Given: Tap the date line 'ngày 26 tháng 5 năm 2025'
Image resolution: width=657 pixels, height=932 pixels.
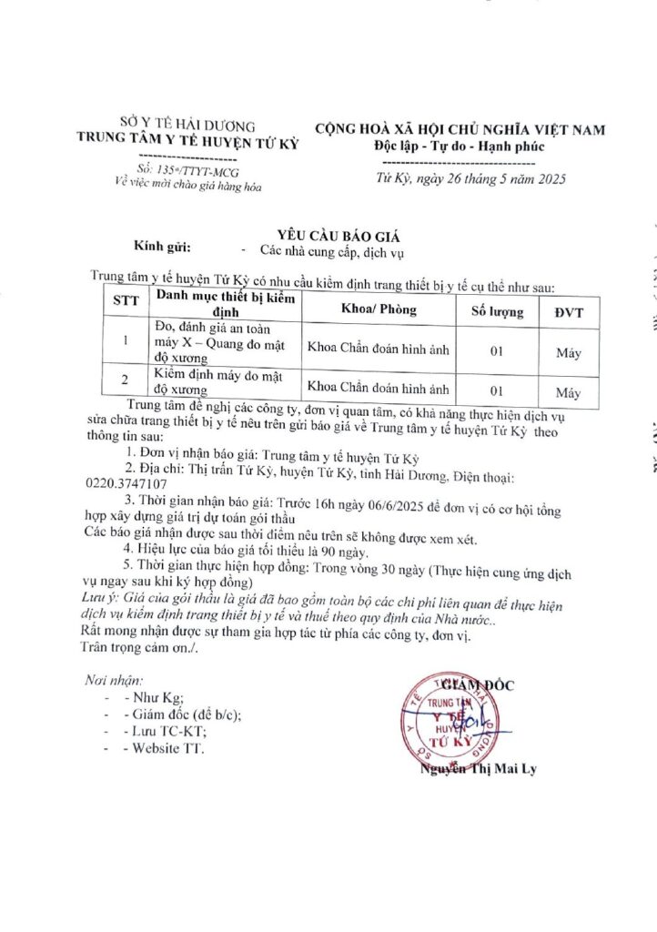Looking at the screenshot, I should point(486,178).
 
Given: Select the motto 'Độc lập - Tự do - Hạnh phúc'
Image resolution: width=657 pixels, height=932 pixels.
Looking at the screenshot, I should point(460,147).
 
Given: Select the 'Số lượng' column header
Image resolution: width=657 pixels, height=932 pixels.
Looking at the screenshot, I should point(497,312).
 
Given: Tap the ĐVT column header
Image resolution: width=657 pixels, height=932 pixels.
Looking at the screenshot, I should point(570,312).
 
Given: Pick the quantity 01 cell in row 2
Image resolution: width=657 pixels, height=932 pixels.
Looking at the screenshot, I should point(497,390).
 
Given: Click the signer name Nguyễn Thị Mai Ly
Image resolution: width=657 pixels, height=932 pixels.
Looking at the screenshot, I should point(478,770).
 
